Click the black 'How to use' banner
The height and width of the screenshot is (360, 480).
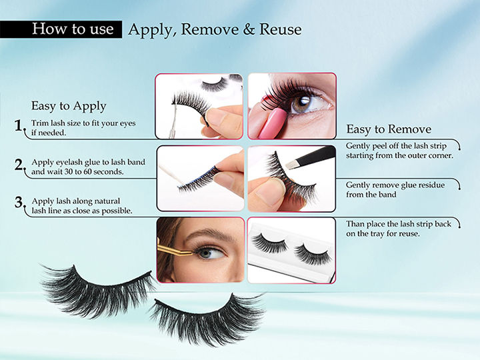pyautogui.click(x=61, y=29)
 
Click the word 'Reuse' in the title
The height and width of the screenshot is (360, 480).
pyautogui.click(x=281, y=29)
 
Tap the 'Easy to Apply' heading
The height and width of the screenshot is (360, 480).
pyautogui.click(x=69, y=106)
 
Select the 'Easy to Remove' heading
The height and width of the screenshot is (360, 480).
pyautogui.click(x=389, y=129)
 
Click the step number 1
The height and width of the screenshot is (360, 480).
pyautogui.click(x=19, y=125)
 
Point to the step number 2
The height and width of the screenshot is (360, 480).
pyautogui.click(x=19, y=165)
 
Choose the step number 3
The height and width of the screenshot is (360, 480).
pyautogui.click(x=19, y=202)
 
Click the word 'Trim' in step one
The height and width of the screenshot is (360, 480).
pyautogui.click(x=40, y=123)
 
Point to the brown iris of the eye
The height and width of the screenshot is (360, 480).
pyautogui.click(x=301, y=104)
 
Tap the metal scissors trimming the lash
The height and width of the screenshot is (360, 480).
pyautogui.click(x=173, y=122)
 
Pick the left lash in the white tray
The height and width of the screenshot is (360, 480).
pyautogui.click(x=270, y=243)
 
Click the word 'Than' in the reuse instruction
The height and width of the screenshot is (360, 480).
pyautogui.click(x=355, y=224)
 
